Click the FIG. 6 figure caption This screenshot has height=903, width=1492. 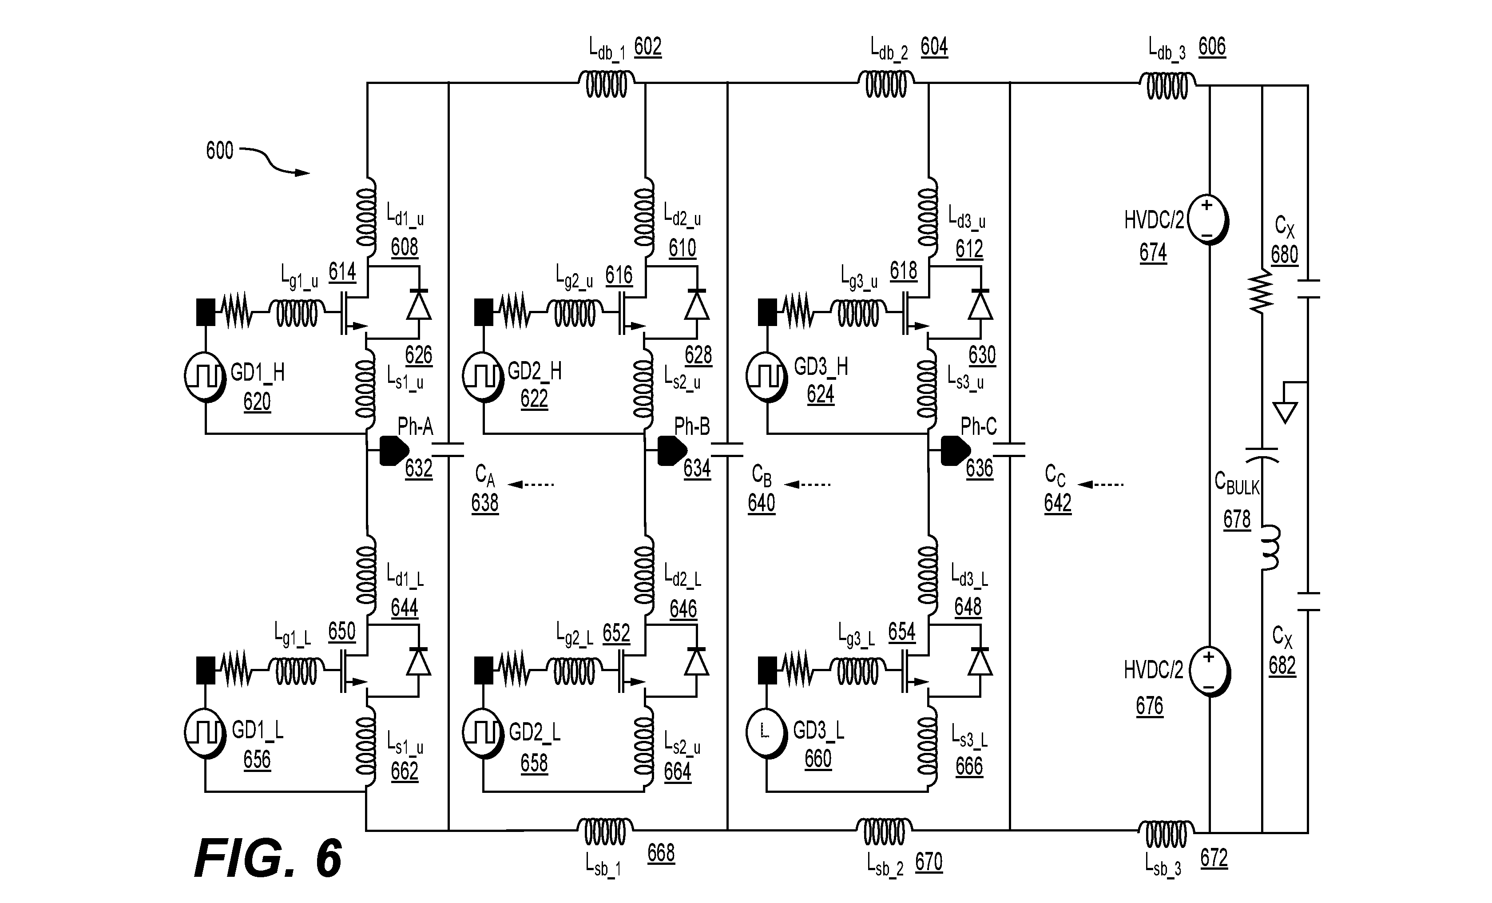[268, 859]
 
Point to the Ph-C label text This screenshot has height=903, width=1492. [979, 427]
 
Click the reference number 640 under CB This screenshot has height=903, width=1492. [761, 503]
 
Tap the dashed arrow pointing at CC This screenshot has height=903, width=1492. [1100, 485]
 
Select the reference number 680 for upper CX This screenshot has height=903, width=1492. [1284, 255]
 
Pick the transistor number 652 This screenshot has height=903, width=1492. [616, 633]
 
